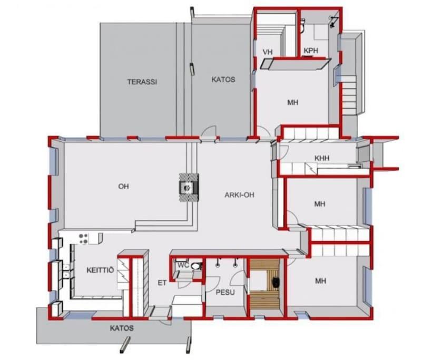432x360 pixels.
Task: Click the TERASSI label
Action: click(142, 82)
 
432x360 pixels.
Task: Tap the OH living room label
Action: click(123, 187)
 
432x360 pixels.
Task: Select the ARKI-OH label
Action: click(239, 195)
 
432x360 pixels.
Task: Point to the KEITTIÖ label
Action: click(100, 270)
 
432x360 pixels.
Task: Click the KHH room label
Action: click(322, 158)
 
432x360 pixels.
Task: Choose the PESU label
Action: click(225, 292)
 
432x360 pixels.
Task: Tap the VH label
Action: click(267, 52)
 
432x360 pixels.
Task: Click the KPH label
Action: click(311, 51)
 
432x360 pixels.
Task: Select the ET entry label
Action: click(162, 283)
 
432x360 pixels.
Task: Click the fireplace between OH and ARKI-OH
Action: click(189, 188)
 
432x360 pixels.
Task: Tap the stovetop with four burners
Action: click(83, 239)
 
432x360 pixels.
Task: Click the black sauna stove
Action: click(276, 283)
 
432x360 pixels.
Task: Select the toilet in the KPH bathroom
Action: click(302, 25)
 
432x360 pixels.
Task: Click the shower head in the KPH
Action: click(333, 22)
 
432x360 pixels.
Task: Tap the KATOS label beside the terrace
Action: click(223, 80)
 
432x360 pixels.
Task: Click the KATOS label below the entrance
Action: click(122, 328)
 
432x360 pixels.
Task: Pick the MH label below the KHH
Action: click(320, 204)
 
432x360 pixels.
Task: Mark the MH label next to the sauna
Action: click(320, 281)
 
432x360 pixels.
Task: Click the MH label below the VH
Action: click(292, 103)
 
